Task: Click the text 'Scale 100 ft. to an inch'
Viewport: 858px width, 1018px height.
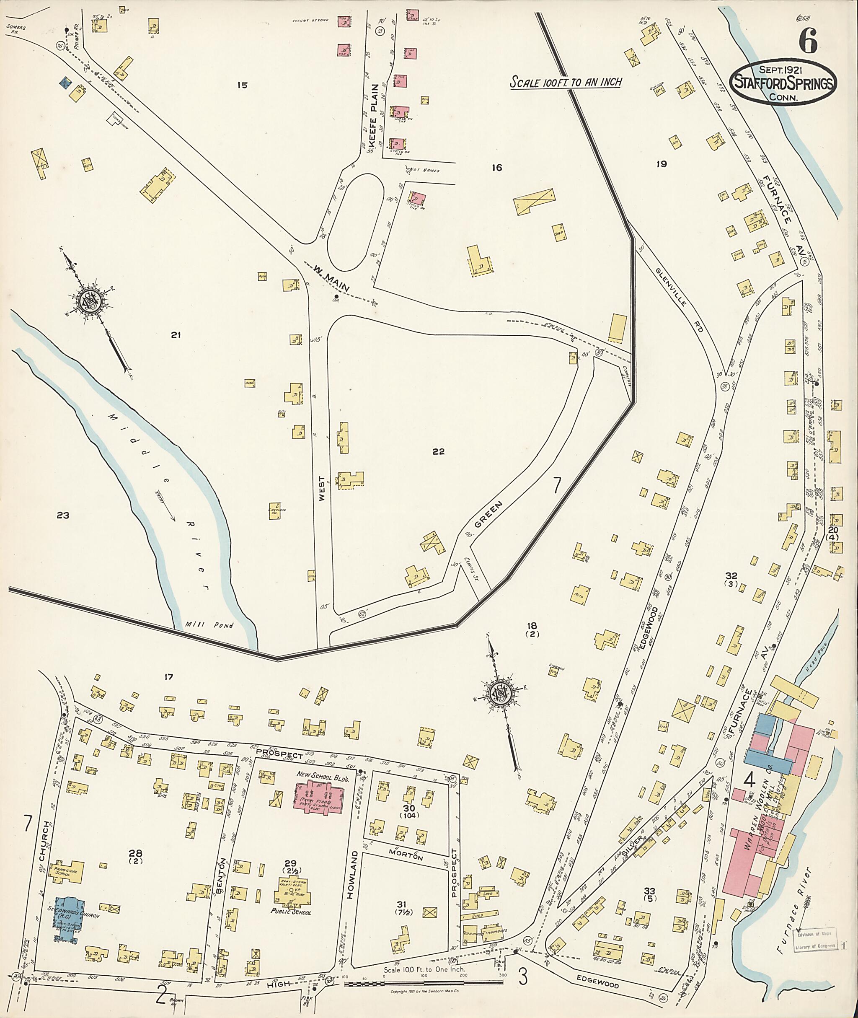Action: [566, 81]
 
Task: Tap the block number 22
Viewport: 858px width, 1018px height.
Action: [438, 451]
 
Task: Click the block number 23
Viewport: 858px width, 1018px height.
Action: [63, 516]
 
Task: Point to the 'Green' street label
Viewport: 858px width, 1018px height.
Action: [487, 515]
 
